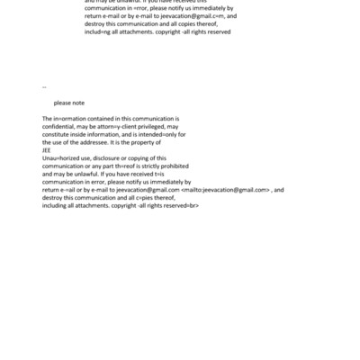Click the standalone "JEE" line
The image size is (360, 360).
(x=47, y=150)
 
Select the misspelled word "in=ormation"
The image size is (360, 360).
(x=68, y=119)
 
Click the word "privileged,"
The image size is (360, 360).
(x=158, y=127)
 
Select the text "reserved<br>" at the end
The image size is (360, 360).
(x=178, y=205)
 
